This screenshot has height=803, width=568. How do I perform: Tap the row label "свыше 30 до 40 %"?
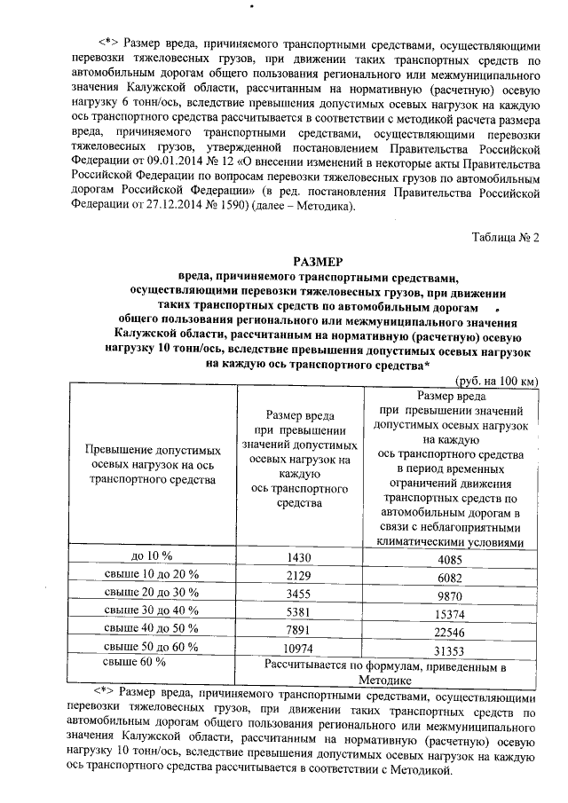[151, 611]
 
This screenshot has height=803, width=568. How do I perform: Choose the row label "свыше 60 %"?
[134, 662]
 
